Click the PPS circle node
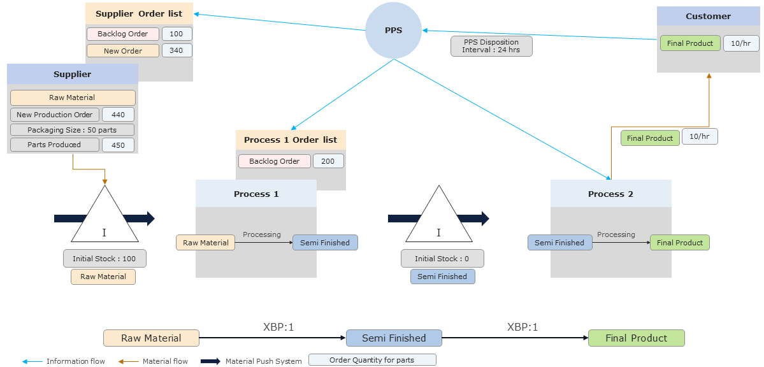click(393, 30)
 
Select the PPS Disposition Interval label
click(491, 46)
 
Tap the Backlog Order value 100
click(177, 34)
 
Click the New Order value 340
click(177, 50)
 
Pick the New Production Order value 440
click(118, 115)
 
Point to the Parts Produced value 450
click(118, 145)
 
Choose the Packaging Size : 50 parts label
click(72, 130)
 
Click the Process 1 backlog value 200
click(328, 161)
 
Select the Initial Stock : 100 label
click(105, 259)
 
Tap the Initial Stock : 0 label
click(442, 259)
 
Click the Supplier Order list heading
click(139, 13)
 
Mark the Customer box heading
click(708, 16)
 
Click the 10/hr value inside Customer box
click(740, 43)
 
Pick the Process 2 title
click(610, 194)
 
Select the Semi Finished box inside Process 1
click(325, 243)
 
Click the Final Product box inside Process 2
click(679, 243)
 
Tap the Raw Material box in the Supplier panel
click(72, 97)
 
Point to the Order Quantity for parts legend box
click(371, 360)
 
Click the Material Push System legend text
click(263, 361)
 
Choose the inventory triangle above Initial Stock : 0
click(438, 220)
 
